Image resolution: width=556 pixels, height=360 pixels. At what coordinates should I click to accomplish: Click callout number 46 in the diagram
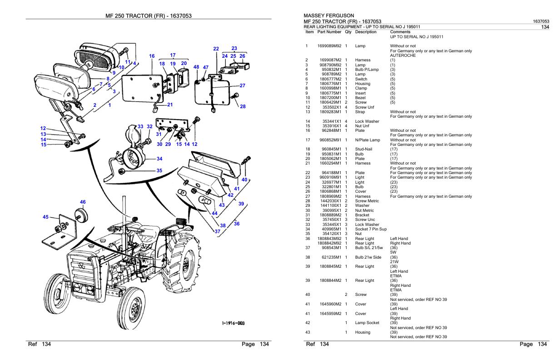pyautogui.click(x=83, y=202)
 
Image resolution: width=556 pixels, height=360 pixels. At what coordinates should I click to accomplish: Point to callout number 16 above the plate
pyautogui.click(x=152, y=56)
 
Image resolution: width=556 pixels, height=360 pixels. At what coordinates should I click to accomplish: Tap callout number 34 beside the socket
pyautogui.click(x=159, y=159)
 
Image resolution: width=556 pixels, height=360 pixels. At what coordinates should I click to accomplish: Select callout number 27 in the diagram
pyautogui.click(x=242, y=85)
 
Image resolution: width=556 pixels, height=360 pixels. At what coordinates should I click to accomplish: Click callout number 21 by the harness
pyautogui.click(x=170, y=105)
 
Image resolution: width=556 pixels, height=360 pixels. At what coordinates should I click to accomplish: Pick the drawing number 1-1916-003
pyautogui.click(x=232, y=323)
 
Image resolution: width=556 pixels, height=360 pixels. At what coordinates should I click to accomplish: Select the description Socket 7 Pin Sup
pyautogui.click(x=371, y=229)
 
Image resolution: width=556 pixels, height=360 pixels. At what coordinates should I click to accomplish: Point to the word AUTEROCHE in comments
pyautogui.click(x=403, y=55)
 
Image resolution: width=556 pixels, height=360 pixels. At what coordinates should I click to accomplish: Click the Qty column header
pyautogui.click(x=348, y=32)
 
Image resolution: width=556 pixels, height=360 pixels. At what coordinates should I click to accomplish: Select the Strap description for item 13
pyautogui.click(x=360, y=111)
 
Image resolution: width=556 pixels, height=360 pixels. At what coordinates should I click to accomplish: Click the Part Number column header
pyautogui.click(x=330, y=32)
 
